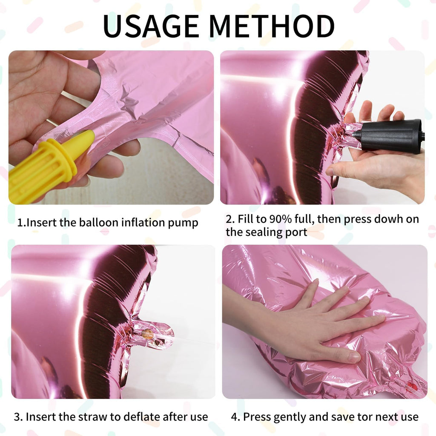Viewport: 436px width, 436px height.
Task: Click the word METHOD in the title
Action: click(x=272, y=26)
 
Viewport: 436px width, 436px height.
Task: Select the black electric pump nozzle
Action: click(x=389, y=136)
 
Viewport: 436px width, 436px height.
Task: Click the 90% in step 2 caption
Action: click(x=280, y=219)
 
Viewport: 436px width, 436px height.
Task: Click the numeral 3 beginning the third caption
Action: click(x=17, y=417)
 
